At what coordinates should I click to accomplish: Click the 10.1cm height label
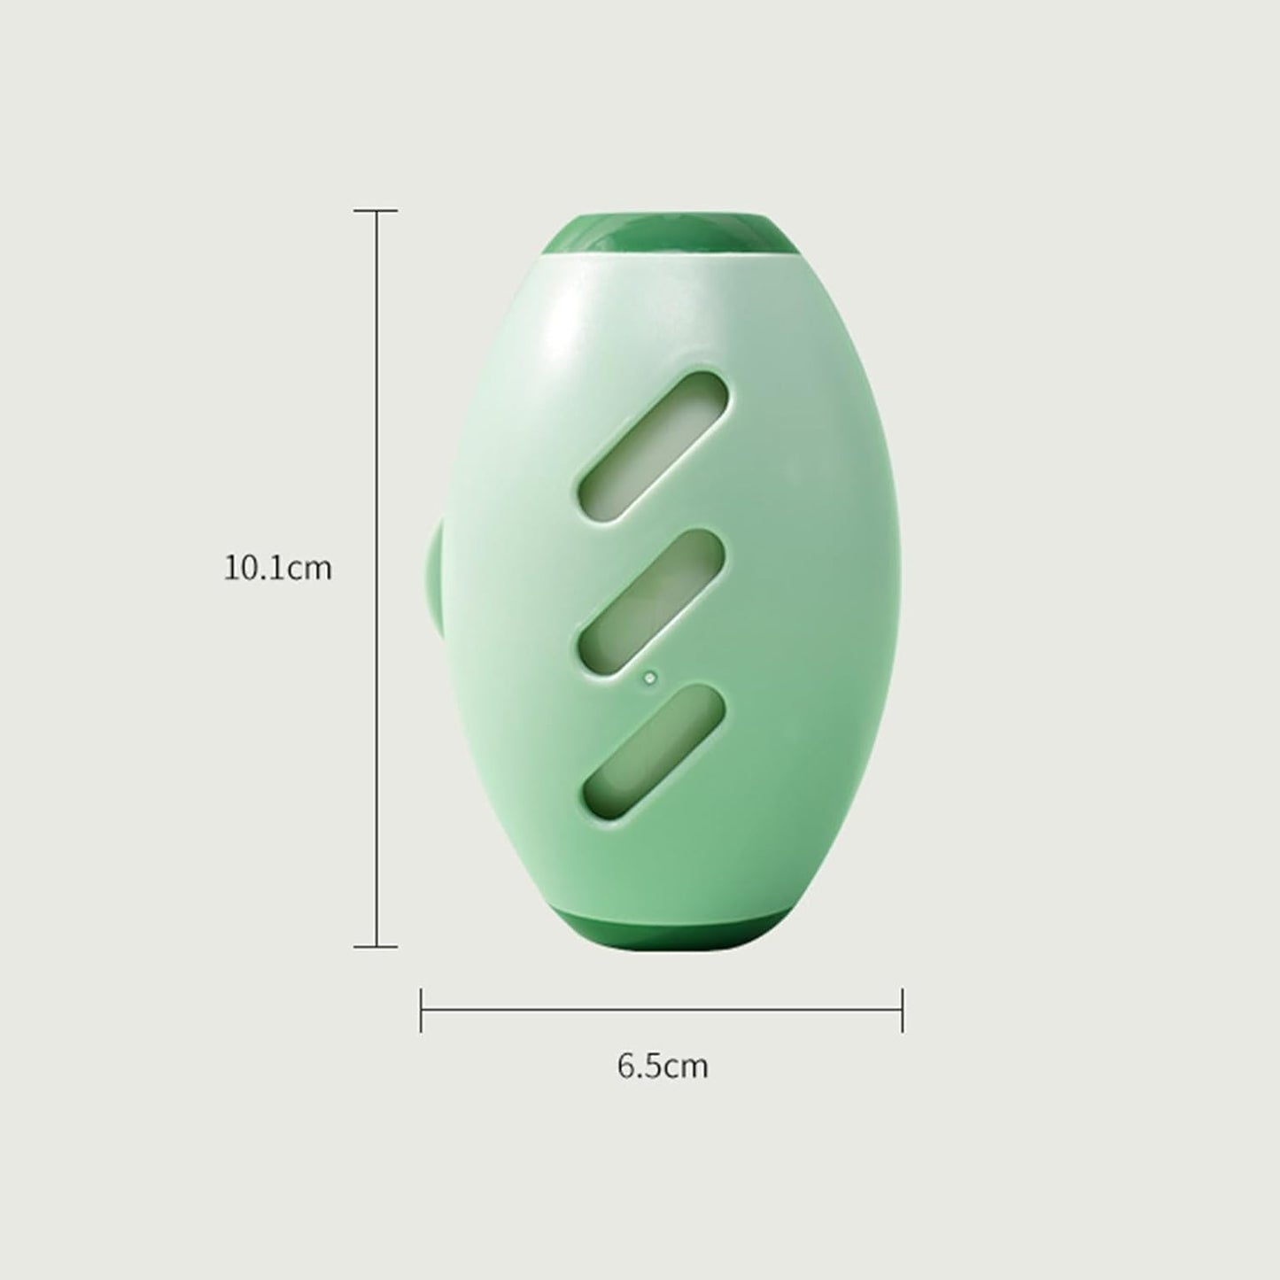(x=277, y=568)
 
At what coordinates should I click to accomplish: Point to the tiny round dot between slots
(x=650, y=678)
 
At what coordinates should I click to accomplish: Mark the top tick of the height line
(x=376, y=211)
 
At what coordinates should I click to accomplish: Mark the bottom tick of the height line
(x=376, y=946)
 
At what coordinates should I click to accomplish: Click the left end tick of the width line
(x=421, y=1010)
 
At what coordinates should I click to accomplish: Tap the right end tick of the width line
(x=903, y=1010)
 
